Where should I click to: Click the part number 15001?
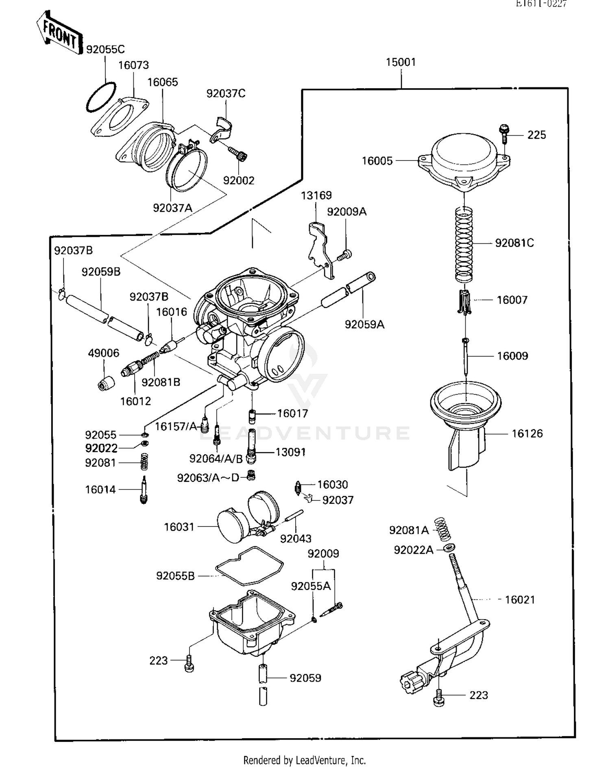[401, 62]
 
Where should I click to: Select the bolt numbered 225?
[503, 134]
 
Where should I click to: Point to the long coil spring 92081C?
[464, 244]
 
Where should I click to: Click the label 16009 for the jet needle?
[512, 356]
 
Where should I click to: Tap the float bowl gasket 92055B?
[249, 566]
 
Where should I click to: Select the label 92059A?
[364, 324]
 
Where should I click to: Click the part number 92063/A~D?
[208, 478]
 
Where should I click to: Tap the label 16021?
[520, 600]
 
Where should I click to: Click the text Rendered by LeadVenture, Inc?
[304, 760]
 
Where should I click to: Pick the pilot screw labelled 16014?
[143, 490]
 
